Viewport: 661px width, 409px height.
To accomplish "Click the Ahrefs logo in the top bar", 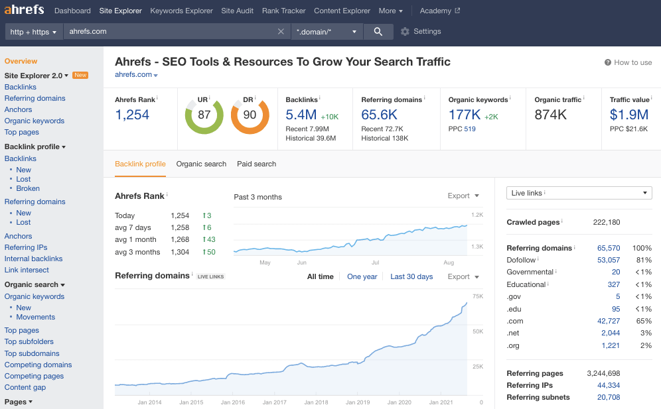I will (24, 10).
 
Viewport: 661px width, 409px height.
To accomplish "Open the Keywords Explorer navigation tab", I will (181, 11).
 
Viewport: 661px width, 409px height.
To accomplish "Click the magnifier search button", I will (378, 31).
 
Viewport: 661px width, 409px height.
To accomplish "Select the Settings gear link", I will (421, 31).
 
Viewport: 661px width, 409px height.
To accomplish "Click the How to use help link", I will (628, 62).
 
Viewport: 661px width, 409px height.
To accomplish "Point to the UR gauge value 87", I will (204, 115).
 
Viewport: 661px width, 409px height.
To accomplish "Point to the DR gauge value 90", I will (250, 115).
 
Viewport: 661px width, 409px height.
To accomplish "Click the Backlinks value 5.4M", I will (301, 115).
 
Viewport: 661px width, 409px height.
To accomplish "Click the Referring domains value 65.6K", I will (379, 115).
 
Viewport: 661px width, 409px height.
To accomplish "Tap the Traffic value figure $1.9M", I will (628, 115).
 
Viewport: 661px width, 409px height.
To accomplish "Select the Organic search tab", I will (201, 164).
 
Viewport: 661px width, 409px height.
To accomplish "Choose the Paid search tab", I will (256, 164).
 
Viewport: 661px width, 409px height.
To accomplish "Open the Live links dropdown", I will (579, 193).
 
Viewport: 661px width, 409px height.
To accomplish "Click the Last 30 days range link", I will (411, 276).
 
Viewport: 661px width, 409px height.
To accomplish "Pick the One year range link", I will (362, 276).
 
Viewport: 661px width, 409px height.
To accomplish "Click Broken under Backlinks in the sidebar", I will (28, 188).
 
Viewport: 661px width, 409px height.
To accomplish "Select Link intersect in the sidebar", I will (27, 270).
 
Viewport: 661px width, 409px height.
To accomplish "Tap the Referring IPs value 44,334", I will (608, 385).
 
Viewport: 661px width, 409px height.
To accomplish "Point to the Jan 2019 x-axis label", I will (358, 402).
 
